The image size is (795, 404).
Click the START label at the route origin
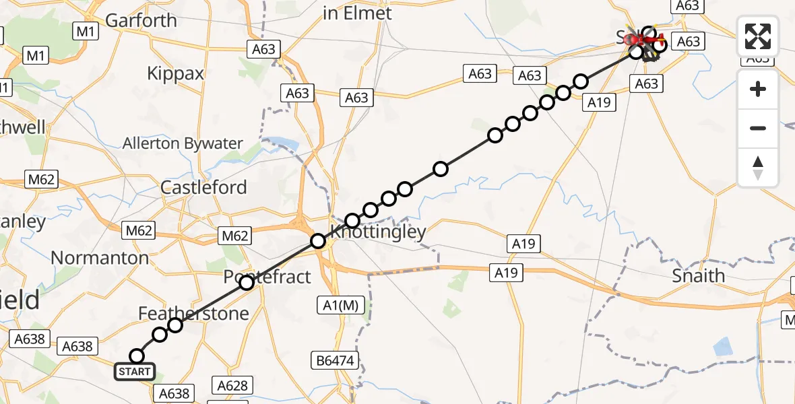(135, 372)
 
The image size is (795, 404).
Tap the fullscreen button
(758, 36)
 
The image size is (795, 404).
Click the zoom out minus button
(758, 128)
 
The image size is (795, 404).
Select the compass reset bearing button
(758, 168)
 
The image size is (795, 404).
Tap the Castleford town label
(203, 187)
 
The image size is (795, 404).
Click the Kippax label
(175, 73)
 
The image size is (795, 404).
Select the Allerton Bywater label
(183, 143)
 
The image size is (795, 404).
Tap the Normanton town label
(100, 258)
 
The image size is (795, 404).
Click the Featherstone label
(193, 313)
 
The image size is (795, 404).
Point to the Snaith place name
(699, 275)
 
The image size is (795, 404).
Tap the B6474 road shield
(334, 360)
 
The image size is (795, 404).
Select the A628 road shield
(232, 386)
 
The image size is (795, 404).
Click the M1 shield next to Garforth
(87, 31)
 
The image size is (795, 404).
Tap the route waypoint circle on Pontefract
(247, 283)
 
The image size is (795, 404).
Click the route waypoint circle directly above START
(137, 356)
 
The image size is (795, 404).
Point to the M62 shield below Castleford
(235, 236)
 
